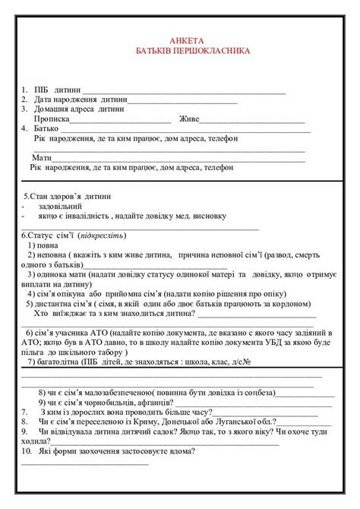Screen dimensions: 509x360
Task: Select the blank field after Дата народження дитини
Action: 198,100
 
